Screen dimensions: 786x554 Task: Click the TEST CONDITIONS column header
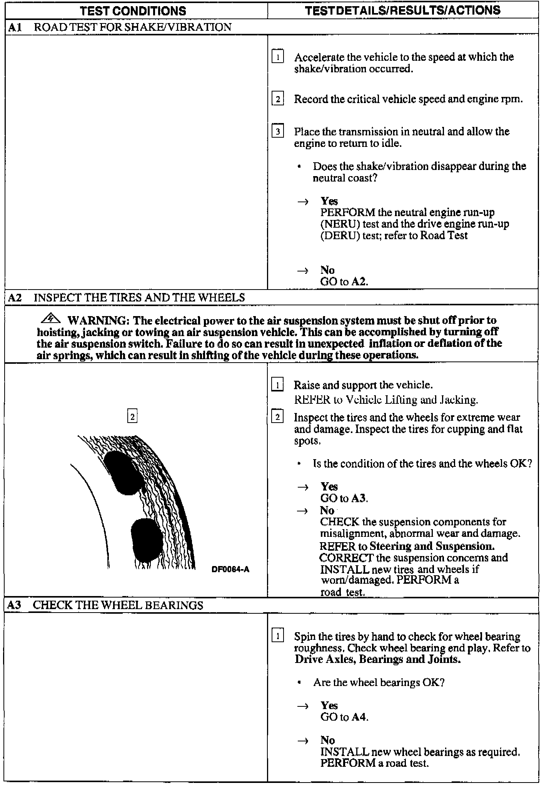tap(133, 11)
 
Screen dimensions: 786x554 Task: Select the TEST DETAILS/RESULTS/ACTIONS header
tap(402, 10)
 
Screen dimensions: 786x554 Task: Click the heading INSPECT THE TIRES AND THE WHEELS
tap(139, 297)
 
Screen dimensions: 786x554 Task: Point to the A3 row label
tap(15, 605)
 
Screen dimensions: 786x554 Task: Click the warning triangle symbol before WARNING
tap(51, 319)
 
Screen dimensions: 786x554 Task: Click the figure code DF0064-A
tap(230, 569)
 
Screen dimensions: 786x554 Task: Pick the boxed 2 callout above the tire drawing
tap(132, 416)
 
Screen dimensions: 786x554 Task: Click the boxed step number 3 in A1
tap(278, 132)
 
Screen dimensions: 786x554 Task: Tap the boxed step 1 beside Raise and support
tap(277, 385)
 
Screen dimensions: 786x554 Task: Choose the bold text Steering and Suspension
tap(432, 546)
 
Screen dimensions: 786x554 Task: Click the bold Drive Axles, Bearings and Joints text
tap(377, 659)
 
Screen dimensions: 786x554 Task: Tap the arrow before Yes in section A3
tap(303, 706)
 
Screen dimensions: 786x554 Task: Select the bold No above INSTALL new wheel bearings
tap(328, 740)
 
